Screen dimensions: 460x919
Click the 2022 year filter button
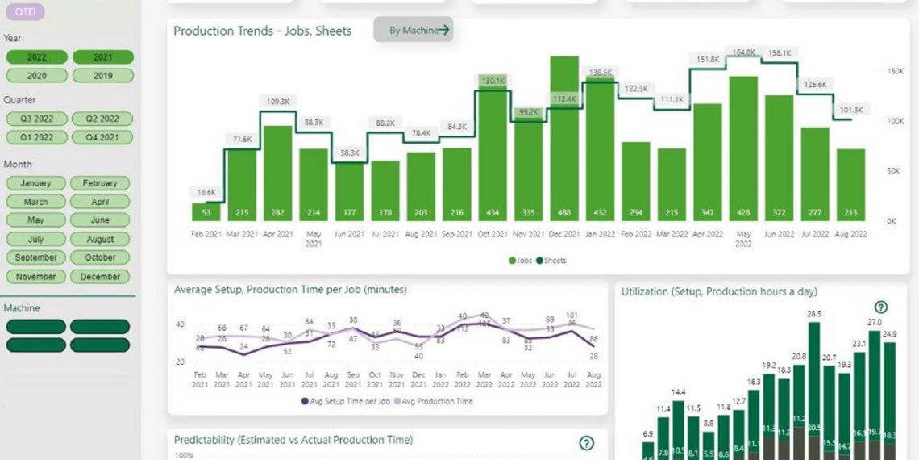point(37,57)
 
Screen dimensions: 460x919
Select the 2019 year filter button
point(102,76)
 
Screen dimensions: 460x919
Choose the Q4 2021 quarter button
point(102,137)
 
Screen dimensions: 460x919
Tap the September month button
point(36,257)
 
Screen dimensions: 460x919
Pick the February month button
point(100,183)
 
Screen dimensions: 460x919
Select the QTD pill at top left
point(24,12)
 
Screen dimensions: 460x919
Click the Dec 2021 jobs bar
point(564,138)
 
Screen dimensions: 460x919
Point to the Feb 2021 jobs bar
point(206,211)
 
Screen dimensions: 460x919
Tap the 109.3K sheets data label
point(277,102)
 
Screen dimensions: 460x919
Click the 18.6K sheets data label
point(206,192)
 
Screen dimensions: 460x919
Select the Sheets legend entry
point(554,261)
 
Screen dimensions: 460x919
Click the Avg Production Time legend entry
point(433,401)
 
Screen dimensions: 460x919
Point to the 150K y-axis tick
point(895,71)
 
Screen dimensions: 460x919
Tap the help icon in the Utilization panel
point(881,307)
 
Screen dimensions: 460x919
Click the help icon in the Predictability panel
point(586,442)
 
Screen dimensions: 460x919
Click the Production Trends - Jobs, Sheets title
point(263,31)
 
